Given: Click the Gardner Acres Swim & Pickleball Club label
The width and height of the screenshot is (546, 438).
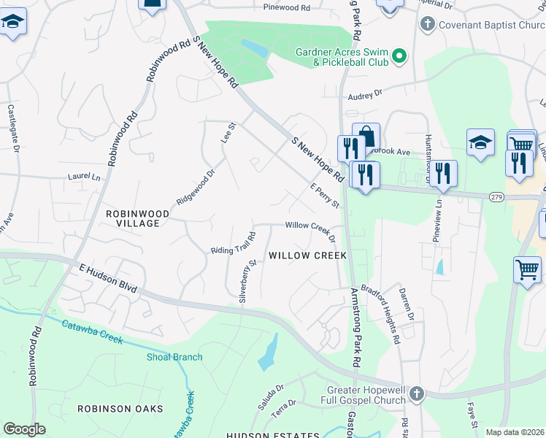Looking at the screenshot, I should click(x=341, y=57).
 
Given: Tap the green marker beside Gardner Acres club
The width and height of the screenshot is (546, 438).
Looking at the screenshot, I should click(x=399, y=56).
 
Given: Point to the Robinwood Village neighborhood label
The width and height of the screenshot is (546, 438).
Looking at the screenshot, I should click(x=138, y=218).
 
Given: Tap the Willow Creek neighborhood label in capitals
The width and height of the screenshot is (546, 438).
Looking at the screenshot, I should click(x=307, y=255).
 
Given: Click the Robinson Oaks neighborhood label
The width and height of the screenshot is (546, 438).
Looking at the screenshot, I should click(x=120, y=409).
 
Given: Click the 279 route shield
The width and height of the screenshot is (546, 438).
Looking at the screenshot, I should click(x=497, y=196).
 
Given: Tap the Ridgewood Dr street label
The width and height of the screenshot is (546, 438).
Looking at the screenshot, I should click(x=195, y=187).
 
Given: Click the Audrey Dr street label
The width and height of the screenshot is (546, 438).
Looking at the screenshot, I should click(x=365, y=95).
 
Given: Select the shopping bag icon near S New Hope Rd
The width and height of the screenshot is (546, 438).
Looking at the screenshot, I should click(x=366, y=137).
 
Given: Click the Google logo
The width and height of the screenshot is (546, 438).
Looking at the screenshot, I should click(x=24, y=429).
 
